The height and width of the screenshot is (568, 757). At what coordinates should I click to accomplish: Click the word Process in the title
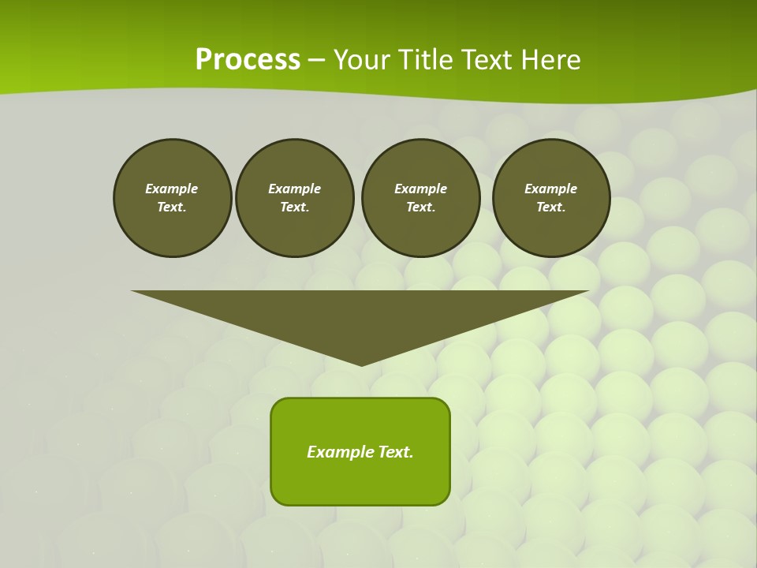coord(248,59)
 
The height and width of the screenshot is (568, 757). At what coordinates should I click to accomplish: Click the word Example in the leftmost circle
coord(172,189)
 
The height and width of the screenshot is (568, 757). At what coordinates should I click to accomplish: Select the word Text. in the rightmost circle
coord(551,207)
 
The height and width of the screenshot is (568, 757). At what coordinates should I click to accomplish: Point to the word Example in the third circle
coord(420,189)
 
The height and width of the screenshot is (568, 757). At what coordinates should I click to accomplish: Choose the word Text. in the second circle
coord(295,207)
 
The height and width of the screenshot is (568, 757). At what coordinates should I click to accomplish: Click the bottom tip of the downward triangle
coord(362,364)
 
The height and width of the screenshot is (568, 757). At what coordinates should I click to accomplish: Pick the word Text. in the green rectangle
coord(394,452)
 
